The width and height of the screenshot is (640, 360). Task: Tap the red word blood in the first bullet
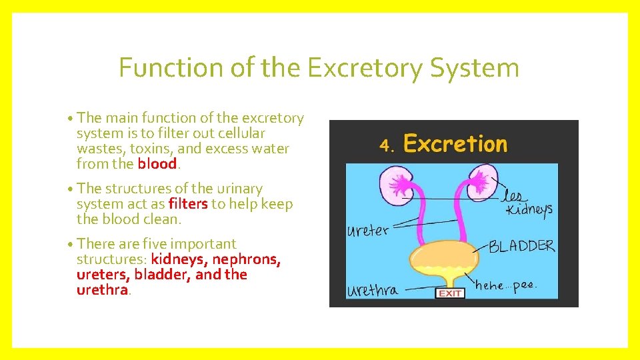pyautogui.click(x=157, y=164)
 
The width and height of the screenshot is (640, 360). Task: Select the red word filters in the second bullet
pyautogui.click(x=188, y=204)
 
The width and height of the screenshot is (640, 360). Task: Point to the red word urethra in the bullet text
pyautogui.click(x=101, y=290)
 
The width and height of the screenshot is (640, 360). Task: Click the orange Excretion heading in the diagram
pyautogui.click(x=455, y=144)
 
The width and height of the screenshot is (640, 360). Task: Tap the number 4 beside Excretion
pyautogui.click(x=385, y=145)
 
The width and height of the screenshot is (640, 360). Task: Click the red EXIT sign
pyautogui.click(x=450, y=293)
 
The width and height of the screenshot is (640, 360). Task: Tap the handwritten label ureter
pyautogui.click(x=367, y=231)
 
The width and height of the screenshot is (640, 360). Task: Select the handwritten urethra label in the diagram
pyautogui.click(x=373, y=291)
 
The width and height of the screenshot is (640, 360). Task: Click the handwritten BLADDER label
pyautogui.click(x=521, y=245)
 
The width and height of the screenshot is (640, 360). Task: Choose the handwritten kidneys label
pyautogui.click(x=529, y=209)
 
